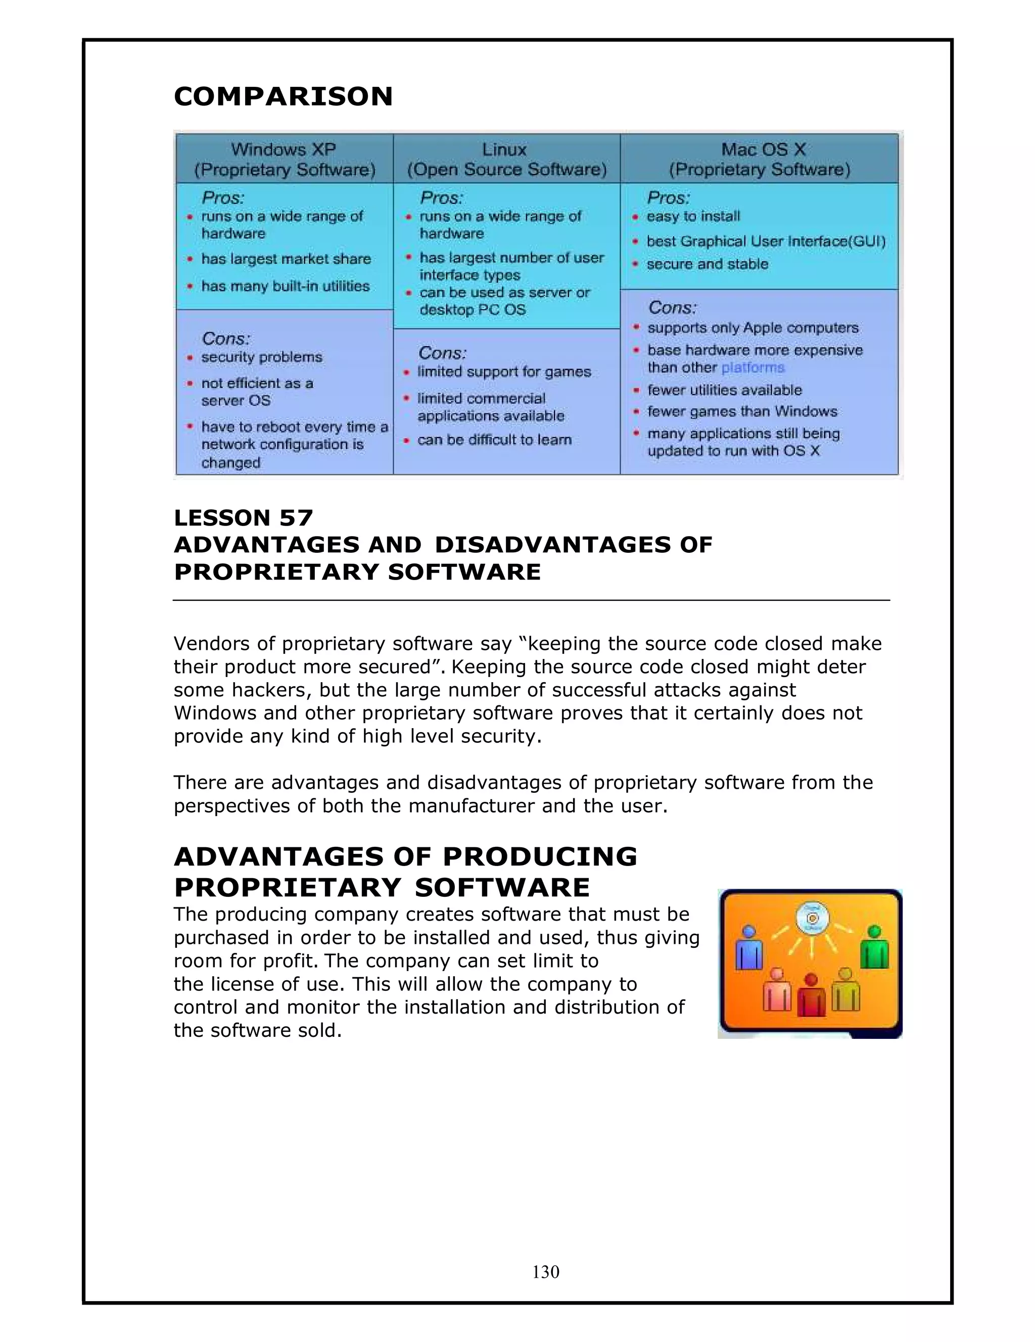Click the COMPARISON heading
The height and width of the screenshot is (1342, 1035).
click(x=283, y=97)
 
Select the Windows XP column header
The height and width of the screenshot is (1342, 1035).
click(x=284, y=159)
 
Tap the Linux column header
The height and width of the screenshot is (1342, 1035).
click(x=506, y=159)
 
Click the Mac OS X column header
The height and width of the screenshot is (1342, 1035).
click(x=760, y=159)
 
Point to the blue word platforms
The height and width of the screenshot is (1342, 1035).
click(x=753, y=368)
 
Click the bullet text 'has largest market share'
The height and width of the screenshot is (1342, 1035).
click(x=286, y=259)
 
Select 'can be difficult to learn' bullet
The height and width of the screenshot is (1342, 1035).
click(x=494, y=440)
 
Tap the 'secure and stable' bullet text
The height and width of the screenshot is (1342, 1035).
click(x=707, y=264)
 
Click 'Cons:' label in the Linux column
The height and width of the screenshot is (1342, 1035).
click(x=442, y=353)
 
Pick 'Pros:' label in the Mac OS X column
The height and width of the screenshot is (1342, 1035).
click(x=668, y=198)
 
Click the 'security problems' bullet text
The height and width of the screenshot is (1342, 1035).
click(x=261, y=358)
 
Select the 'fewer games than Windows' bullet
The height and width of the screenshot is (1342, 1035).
click(x=742, y=412)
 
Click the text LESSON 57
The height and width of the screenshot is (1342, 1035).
click(x=244, y=518)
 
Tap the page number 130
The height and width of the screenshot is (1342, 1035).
click(x=546, y=1271)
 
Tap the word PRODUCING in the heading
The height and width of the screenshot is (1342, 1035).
click(x=540, y=856)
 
